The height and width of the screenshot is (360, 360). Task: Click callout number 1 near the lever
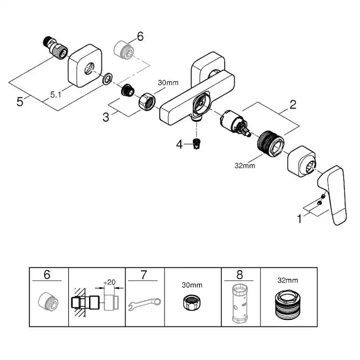[299, 219]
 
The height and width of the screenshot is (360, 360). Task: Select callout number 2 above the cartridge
[293, 104]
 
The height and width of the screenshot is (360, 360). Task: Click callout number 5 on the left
[19, 102]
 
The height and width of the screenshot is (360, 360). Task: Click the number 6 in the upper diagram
[140, 37]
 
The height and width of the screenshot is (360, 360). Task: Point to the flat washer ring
[107, 80]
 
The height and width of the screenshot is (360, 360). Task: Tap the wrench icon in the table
[144, 303]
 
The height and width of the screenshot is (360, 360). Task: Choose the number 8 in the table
[240, 275]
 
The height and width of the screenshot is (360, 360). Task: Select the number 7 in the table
[144, 275]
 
